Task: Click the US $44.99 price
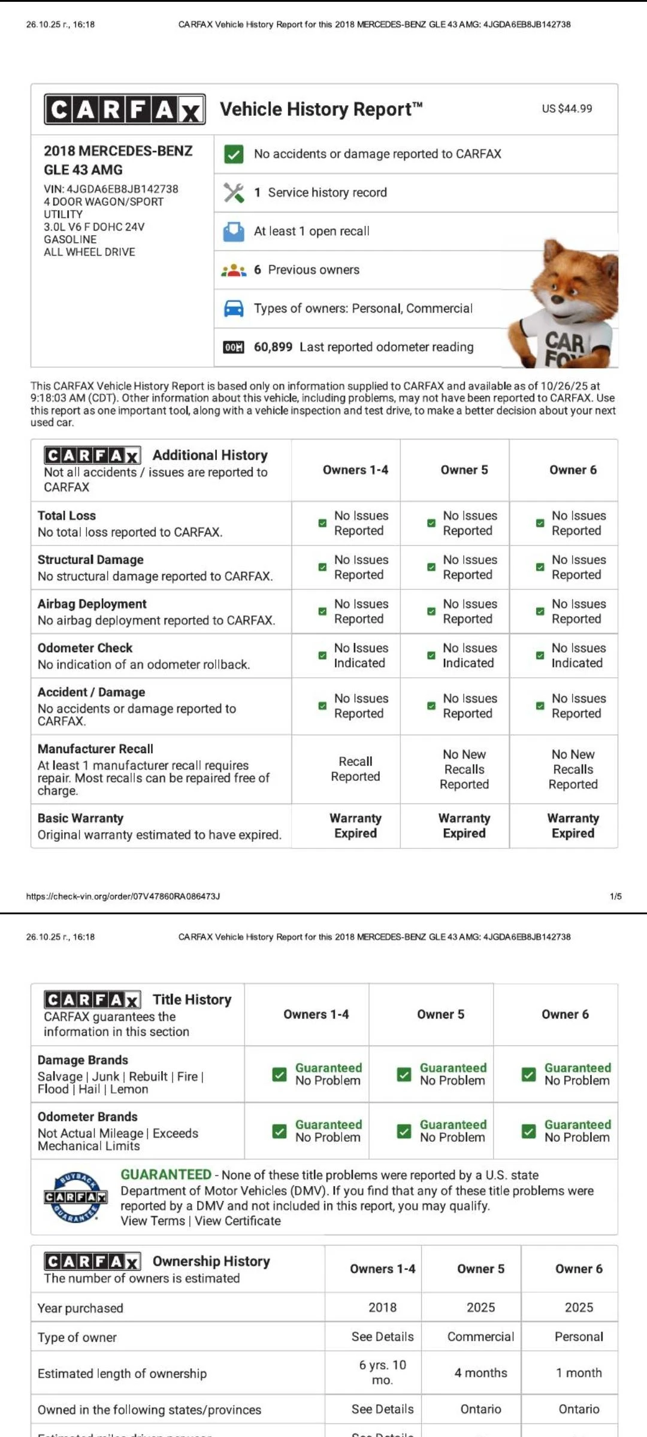click(567, 109)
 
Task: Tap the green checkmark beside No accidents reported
click(233, 154)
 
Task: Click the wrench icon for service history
click(234, 193)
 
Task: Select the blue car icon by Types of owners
click(234, 309)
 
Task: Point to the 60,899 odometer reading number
click(273, 347)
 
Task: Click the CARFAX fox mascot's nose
click(558, 298)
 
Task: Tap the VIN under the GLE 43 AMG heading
click(111, 189)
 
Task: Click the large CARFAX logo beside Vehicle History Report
click(125, 110)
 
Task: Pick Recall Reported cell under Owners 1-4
click(355, 769)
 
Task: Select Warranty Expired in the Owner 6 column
click(573, 826)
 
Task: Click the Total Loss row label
click(66, 516)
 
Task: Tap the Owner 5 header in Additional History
click(464, 470)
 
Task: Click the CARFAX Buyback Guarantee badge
click(75, 1197)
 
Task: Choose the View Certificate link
click(238, 1221)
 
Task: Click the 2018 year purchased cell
click(382, 1307)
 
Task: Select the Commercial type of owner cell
click(480, 1336)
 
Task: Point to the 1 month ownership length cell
click(579, 1372)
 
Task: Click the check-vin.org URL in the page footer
click(123, 896)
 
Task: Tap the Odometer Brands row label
click(87, 1117)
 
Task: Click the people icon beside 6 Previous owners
click(234, 270)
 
